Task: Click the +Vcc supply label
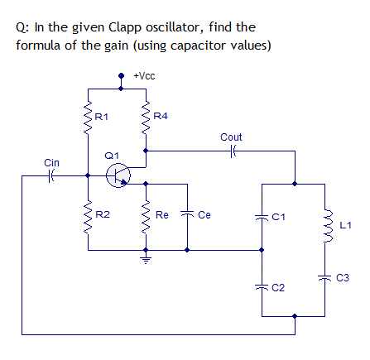144,76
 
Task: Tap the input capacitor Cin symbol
51,175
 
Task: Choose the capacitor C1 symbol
263,216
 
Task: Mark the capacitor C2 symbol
263,286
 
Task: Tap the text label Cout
232,136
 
